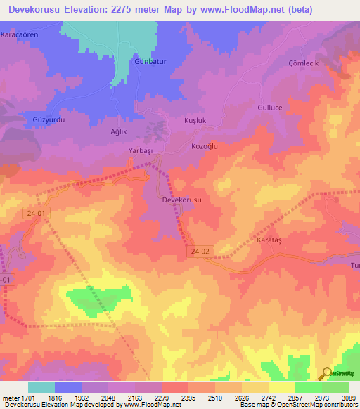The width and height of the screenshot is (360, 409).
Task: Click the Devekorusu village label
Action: [182, 200]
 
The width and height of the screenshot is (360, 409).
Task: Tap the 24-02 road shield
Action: [200, 250]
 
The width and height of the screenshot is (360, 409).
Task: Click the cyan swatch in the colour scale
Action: [41, 387]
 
